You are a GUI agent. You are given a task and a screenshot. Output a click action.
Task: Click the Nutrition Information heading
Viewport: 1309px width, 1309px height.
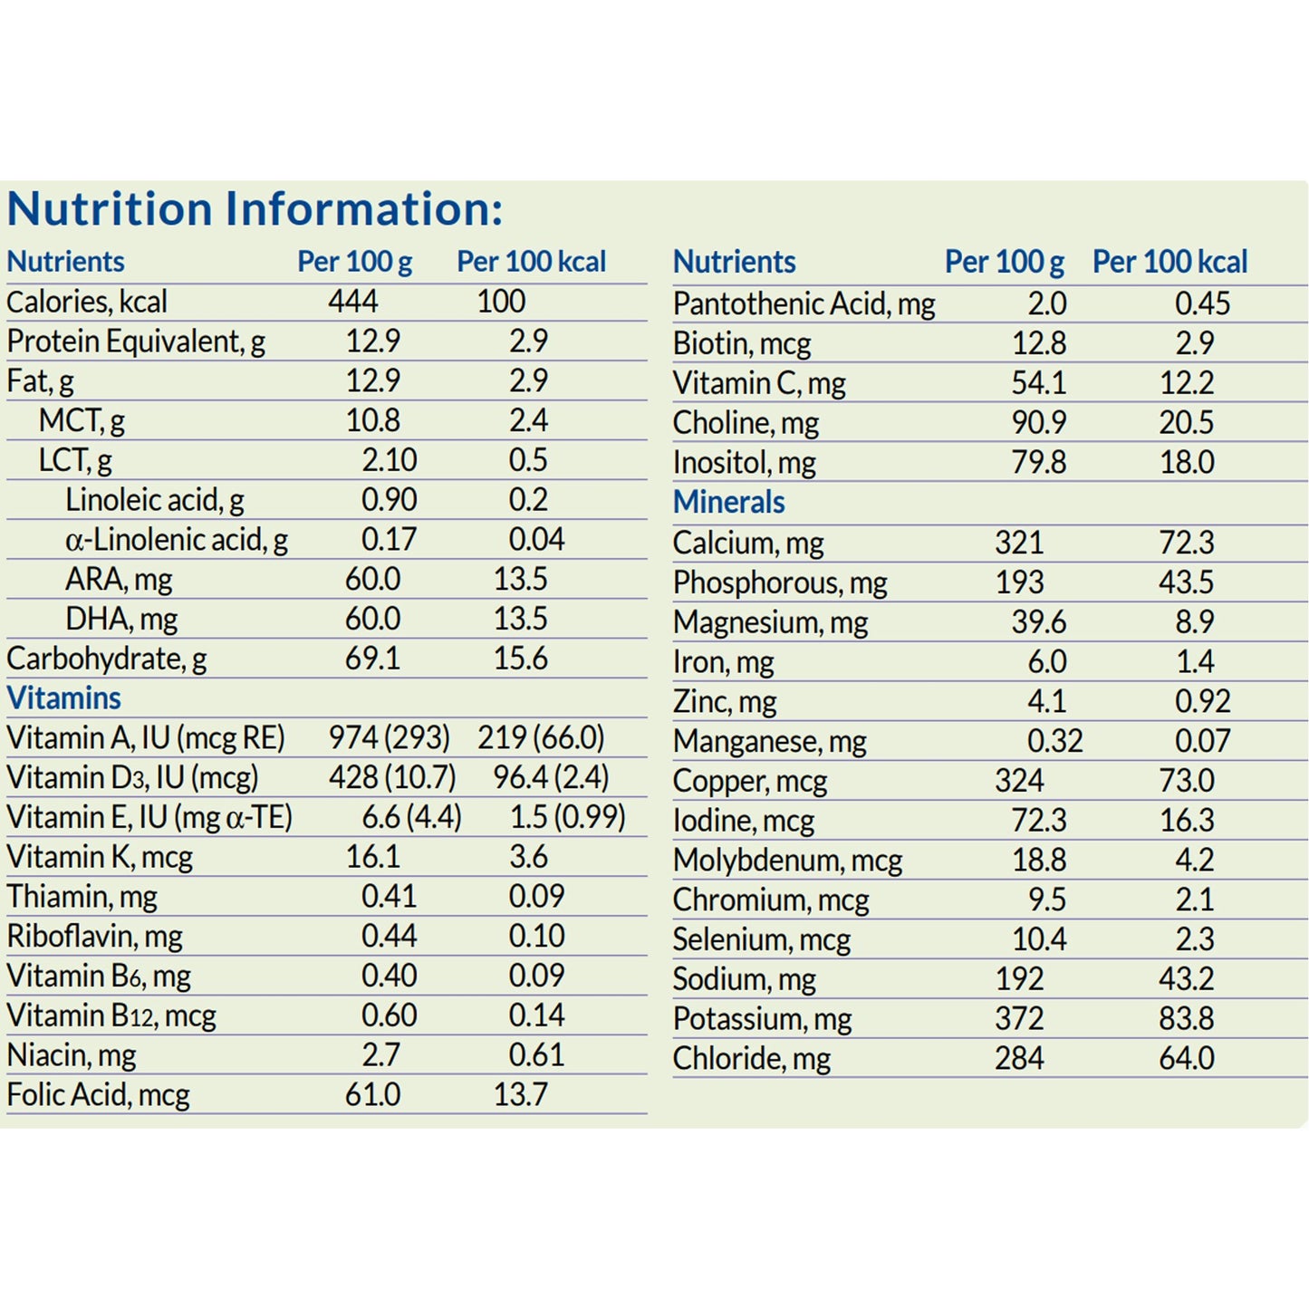(255, 208)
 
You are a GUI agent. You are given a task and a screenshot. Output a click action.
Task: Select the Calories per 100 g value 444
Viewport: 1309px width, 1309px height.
(353, 302)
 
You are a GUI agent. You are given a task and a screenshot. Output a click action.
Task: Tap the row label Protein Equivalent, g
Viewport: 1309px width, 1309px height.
(136, 342)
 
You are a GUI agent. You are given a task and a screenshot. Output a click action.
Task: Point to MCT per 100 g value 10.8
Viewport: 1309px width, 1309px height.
(372, 420)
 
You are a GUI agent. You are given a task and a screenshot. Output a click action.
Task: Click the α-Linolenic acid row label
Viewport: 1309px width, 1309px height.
(177, 540)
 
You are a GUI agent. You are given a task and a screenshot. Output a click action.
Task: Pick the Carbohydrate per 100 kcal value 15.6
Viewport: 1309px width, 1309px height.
(520, 659)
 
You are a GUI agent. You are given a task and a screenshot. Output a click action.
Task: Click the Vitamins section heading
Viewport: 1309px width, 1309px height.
(63, 698)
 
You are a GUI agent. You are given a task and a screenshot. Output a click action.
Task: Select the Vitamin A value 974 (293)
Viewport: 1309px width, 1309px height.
(389, 737)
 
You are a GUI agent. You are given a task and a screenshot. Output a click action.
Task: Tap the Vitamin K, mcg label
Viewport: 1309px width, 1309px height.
(100, 857)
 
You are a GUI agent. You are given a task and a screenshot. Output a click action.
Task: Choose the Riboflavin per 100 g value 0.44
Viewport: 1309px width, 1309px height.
(389, 936)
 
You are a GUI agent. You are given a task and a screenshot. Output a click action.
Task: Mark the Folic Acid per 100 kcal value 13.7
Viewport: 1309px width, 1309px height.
(520, 1094)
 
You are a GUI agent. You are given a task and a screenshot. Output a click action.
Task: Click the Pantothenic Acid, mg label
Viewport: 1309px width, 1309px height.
(804, 304)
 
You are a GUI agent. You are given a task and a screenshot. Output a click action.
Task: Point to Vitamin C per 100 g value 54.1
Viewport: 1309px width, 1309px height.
(1038, 383)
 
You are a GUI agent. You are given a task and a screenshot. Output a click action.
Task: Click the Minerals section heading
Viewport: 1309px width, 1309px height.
(728, 502)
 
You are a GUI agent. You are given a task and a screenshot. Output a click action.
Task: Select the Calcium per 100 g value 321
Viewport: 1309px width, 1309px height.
(1019, 543)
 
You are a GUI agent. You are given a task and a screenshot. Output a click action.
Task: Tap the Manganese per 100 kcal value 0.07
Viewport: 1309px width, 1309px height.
(1202, 741)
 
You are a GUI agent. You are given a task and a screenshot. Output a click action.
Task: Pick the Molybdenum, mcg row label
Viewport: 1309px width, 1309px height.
(787, 861)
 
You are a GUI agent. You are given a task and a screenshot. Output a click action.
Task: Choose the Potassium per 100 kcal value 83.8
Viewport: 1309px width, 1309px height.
(1186, 1019)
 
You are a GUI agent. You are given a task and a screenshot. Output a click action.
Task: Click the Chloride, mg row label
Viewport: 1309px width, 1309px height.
(751, 1059)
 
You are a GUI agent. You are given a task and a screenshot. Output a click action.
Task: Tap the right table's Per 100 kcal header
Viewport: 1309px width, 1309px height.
(1169, 262)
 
